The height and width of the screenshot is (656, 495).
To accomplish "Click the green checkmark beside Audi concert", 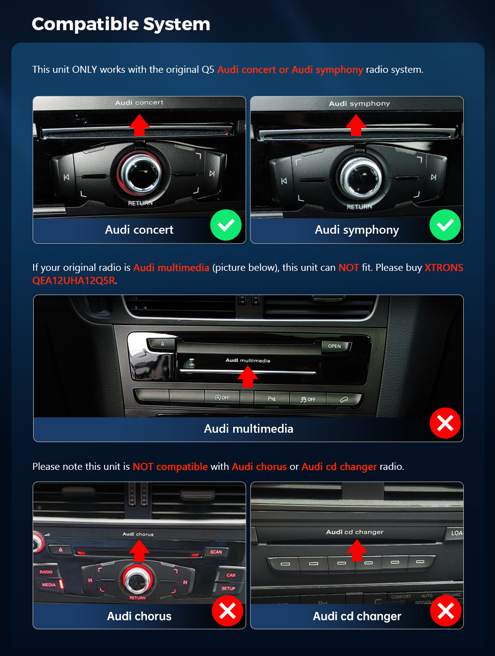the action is [226, 225].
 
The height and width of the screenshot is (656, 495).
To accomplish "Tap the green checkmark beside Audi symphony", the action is [445, 225].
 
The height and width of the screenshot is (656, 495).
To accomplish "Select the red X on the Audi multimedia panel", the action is [445, 423].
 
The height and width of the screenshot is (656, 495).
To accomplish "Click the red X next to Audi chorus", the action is [228, 610].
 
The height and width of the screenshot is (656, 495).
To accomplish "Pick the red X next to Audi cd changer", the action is [445, 610].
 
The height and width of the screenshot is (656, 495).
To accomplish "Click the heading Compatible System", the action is [121, 24].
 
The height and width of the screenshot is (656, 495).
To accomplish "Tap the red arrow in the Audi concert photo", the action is [139, 125].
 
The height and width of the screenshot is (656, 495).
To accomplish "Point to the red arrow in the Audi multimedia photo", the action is [247, 377].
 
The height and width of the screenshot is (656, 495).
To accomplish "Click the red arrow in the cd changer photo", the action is [357, 551].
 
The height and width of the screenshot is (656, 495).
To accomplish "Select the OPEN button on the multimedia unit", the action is [335, 346].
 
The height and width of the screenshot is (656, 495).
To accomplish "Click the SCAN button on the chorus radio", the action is [216, 552].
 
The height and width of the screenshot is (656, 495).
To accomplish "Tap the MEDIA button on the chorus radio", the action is [50, 585].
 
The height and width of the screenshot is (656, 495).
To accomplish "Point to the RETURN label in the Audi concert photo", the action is [141, 203].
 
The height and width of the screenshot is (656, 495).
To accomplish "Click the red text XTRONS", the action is [444, 267].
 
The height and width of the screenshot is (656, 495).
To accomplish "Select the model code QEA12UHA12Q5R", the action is [74, 281].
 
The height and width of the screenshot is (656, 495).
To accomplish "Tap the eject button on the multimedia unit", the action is [162, 344].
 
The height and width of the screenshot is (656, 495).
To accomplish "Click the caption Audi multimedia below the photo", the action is [248, 429].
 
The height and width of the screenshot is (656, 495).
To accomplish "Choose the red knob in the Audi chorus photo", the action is [138, 580].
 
